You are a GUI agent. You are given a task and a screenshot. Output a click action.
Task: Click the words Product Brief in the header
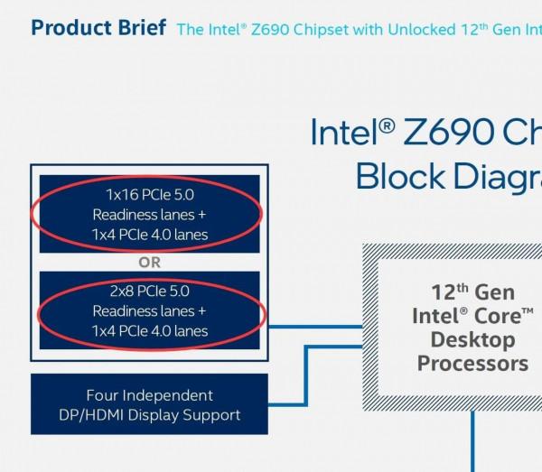pos(98,28)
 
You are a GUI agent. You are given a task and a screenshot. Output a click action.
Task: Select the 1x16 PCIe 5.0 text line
pos(150,193)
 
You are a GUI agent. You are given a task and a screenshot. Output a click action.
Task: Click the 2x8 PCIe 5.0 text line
pos(150,290)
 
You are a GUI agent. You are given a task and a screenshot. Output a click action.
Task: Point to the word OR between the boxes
pos(150,263)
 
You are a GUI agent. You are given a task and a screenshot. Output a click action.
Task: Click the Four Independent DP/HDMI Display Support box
pos(150,405)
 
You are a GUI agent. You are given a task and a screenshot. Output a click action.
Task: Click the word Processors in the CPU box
pos(472,364)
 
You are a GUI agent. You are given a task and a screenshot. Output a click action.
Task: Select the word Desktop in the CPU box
pos(472,340)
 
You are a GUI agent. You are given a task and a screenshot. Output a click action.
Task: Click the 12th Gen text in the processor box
pos(472,292)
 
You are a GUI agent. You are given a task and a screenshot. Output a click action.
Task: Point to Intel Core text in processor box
pos(472,317)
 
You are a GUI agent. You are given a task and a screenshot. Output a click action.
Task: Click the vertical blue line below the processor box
pos(472,447)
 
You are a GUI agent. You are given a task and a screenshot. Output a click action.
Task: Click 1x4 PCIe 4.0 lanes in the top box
pos(150,235)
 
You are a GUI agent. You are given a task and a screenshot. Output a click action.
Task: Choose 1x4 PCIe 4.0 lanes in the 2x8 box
pos(150,331)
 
